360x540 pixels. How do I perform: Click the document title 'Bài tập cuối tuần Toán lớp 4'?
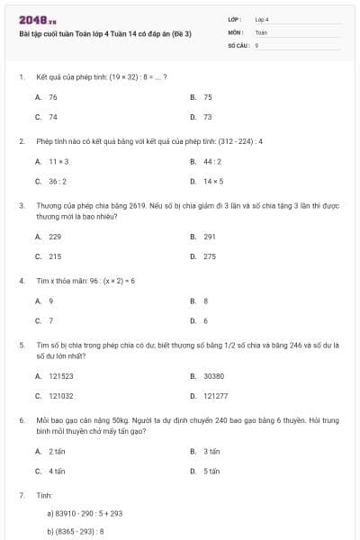105,33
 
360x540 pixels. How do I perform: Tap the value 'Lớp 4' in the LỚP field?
262,19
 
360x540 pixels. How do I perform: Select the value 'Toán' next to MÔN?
261,31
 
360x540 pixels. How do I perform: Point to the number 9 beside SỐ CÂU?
256,44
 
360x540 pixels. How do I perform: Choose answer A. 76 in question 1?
47,96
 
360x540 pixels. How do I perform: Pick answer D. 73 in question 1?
202,117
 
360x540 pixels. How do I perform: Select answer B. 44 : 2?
206,161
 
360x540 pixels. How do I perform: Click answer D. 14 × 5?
207,181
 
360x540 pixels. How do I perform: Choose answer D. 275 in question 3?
203,256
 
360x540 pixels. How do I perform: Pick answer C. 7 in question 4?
45,320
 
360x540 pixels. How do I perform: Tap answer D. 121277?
210,395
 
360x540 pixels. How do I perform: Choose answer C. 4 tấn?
51,471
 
